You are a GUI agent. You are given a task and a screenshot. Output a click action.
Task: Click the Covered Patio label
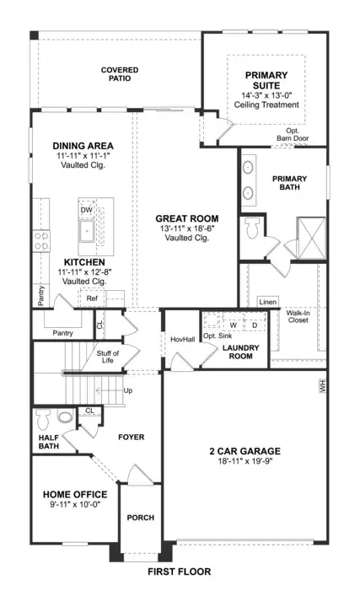(120, 74)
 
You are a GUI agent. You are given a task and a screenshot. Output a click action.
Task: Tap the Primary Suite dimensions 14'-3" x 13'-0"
(266, 95)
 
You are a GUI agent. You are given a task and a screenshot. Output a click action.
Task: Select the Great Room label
(187, 218)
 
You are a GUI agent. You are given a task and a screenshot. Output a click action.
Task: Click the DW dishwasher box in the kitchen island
(87, 210)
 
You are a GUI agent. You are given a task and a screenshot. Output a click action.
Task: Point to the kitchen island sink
(87, 232)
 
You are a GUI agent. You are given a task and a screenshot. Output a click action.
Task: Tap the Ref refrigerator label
(92, 298)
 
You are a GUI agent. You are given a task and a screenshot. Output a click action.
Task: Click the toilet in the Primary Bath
(252, 228)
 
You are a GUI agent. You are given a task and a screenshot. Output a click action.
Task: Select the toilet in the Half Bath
(43, 419)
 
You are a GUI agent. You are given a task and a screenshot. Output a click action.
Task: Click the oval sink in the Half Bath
(65, 416)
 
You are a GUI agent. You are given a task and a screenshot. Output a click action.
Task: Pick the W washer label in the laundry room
(233, 325)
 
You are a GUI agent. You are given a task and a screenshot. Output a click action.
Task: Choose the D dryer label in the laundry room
(255, 325)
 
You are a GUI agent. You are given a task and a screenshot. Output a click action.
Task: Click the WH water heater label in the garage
(323, 386)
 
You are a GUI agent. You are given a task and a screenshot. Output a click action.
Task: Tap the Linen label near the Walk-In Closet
(268, 302)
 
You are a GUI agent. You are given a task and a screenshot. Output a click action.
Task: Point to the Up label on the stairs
(128, 390)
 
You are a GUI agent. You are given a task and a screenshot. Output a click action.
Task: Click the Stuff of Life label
(108, 357)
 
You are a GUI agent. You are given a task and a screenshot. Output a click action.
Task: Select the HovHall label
(183, 340)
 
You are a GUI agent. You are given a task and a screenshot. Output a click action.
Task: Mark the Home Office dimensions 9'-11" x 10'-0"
(75, 504)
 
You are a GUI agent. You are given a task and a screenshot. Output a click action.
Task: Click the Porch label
(141, 518)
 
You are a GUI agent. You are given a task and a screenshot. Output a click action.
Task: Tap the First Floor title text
(180, 572)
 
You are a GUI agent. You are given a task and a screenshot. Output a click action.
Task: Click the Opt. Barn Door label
(293, 134)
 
